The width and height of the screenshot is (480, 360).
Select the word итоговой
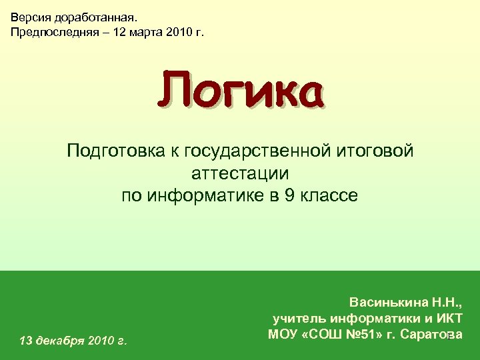click(377, 152)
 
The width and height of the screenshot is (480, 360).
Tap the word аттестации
click(240, 174)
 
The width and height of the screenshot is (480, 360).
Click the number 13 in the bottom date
click(27, 341)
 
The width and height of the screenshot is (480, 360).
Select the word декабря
click(61, 341)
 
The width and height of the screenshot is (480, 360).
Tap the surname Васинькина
click(391, 302)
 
